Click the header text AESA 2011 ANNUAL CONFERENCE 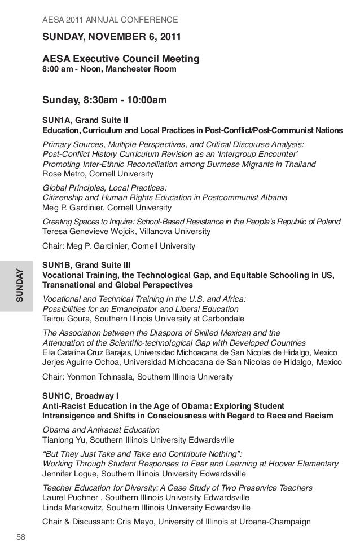coord(110,21)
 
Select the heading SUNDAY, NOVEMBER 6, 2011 coord(112,39)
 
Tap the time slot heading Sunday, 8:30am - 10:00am coord(104,101)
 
